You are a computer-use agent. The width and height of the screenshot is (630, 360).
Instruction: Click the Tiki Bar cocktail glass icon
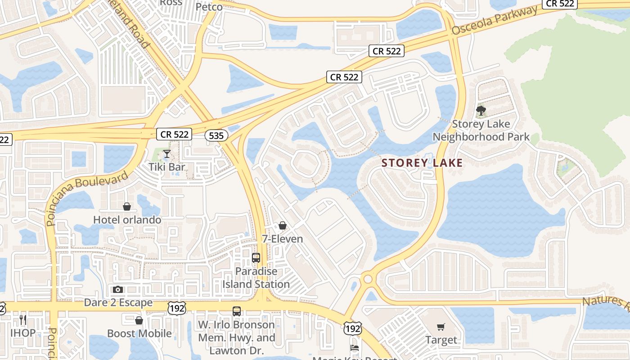[166, 154]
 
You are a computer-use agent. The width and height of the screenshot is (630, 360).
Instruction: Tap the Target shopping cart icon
[441, 327]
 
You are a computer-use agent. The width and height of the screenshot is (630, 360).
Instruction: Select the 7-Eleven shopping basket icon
[283, 225]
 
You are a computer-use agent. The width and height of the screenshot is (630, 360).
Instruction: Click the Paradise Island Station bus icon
[256, 258]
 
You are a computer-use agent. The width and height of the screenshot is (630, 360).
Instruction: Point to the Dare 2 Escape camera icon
[118, 289]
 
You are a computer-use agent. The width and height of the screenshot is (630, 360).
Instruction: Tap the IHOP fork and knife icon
[23, 320]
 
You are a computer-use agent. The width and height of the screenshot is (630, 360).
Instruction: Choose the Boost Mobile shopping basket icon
[139, 320]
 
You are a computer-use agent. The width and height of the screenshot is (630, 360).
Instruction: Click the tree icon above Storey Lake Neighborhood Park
[481, 111]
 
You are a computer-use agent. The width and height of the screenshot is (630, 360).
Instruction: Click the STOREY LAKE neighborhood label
[422, 163]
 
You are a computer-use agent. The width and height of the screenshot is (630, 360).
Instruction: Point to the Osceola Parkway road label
[495, 21]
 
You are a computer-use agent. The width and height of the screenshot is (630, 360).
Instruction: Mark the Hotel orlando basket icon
[127, 207]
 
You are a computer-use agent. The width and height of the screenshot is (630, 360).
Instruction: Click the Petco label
[209, 7]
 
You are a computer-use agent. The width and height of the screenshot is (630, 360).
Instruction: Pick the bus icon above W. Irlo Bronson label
[237, 311]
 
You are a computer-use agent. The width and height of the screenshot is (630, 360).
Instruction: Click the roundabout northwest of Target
[368, 279]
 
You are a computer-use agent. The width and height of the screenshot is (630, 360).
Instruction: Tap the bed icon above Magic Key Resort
[354, 348]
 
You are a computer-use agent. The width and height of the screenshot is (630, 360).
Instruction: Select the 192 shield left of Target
[352, 328]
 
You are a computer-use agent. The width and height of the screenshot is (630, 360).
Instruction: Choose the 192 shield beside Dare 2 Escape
[176, 308]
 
